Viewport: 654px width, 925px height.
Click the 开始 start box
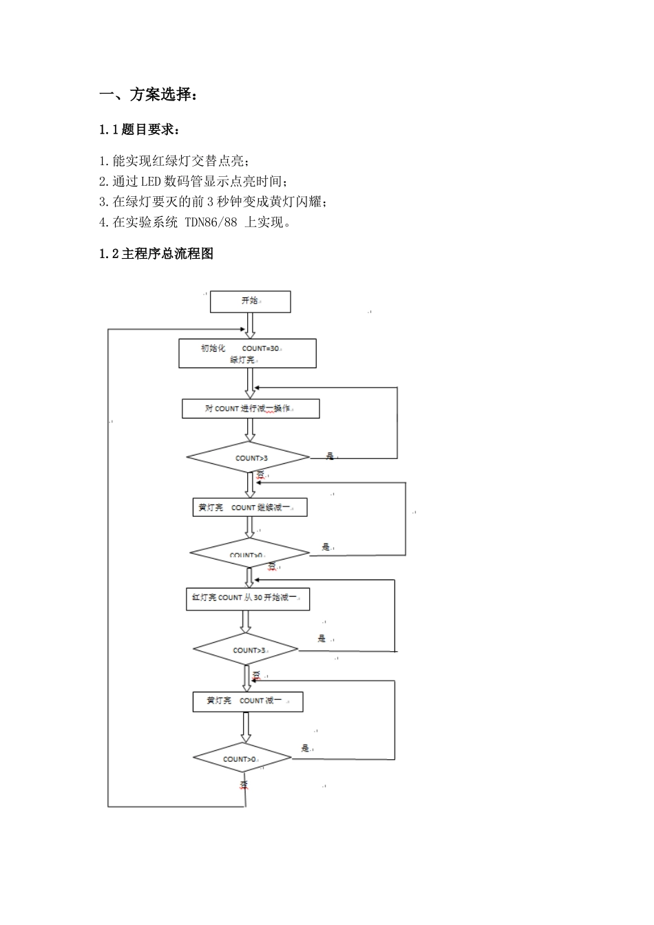250,301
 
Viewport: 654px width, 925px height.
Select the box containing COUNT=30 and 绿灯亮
247,354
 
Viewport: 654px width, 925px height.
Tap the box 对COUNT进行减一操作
251,409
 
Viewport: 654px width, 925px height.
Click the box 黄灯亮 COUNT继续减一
249,508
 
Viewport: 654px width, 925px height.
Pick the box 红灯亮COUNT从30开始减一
248,598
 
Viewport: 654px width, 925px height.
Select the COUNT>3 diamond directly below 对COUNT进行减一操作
248,458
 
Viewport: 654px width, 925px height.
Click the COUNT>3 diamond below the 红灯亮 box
246,650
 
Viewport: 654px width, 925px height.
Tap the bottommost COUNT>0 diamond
242,758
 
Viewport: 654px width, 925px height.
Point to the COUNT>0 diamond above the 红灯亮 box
249,554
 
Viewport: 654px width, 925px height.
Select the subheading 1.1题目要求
140,129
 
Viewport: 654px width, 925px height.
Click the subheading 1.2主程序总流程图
156,253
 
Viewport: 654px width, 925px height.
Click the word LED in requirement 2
150,181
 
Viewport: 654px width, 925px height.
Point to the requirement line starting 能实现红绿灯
174,161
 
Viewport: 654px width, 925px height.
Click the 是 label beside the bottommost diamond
305,748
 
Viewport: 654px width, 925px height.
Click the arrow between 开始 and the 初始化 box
250,325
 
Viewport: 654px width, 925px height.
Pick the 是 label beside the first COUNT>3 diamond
330,456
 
